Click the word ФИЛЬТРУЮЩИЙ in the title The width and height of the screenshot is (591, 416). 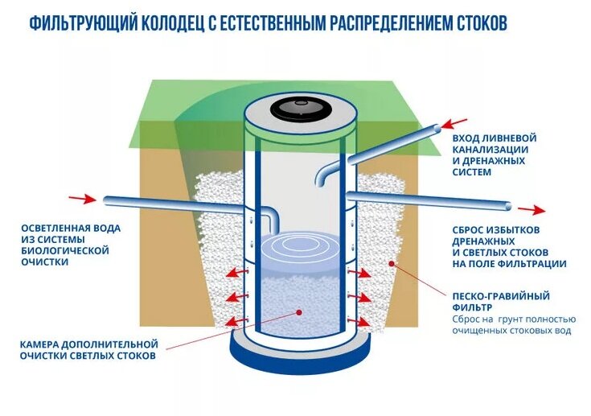click(76, 23)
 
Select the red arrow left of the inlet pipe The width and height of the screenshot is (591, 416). click(80, 197)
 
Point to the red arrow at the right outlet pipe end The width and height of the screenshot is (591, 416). click(530, 209)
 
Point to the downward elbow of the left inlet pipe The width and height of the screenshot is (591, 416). click(272, 216)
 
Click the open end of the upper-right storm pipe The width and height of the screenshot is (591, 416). click(437, 127)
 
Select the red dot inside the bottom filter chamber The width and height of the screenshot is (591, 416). click(298, 311)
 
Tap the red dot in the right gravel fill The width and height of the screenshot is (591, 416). click(392, 263)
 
